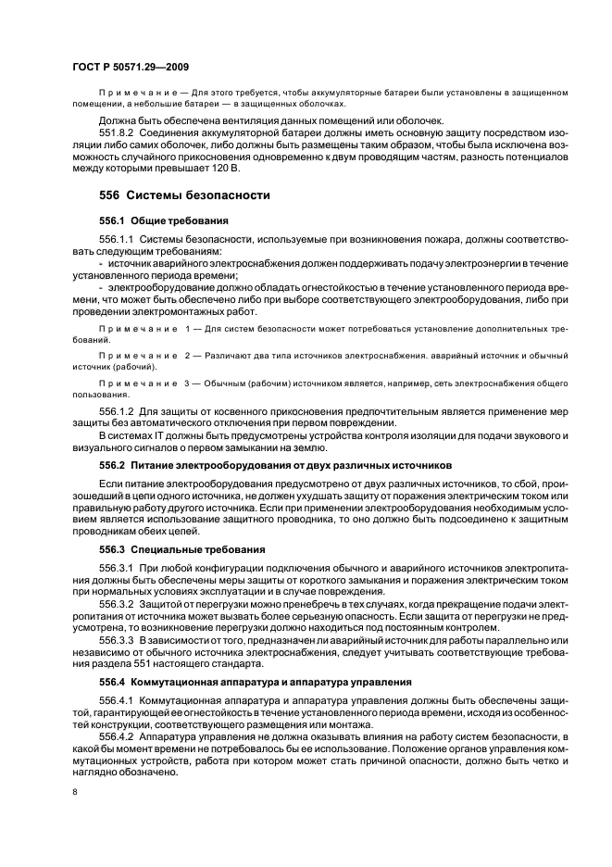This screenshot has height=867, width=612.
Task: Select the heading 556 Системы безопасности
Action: click(x=184, y=195)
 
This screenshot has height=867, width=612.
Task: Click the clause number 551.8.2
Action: click(x=118, y=133)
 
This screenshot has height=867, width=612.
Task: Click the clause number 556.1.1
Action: click(x=118, y=239)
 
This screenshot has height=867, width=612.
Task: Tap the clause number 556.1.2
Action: click(x=118, y=413)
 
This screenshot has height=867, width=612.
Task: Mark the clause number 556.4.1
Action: click(x=118, y=700)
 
